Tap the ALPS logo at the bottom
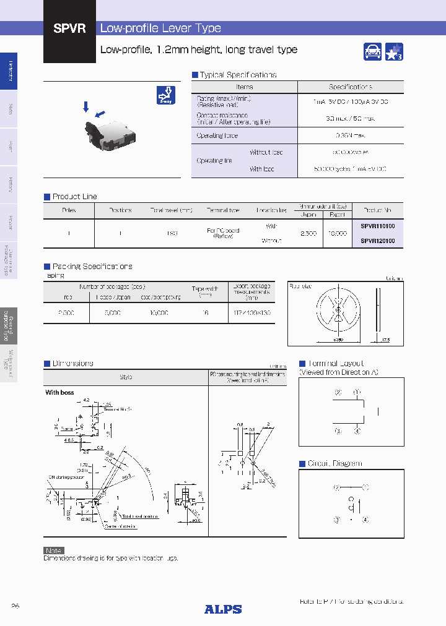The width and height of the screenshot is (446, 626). (x=223, y=609)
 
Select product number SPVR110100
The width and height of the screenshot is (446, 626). (x=377, y=226)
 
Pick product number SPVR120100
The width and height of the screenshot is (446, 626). (x=377, y=241)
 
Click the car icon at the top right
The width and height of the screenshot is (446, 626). (x=373, y=52)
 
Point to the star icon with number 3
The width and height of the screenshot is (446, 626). (x=394, y=52)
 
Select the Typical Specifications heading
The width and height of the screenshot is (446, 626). (x=237, y=75)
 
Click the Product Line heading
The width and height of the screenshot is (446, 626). (x=74, y=197)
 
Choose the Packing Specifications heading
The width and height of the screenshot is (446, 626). (x=92, y=267)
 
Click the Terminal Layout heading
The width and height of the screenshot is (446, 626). (x=335, y=364)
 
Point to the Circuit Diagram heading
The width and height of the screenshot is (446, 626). (x=334, y=463)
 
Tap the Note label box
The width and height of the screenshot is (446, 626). (x=53, y=550)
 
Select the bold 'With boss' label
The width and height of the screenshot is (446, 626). (x=59, y=393)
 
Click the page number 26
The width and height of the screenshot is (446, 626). (x=15, y=606)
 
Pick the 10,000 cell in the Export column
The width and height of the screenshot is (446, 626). (x=336, y=234)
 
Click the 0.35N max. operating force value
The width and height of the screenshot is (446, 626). (x=350, y=135)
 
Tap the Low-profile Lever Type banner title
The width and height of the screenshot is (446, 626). (x=160, y=28)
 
